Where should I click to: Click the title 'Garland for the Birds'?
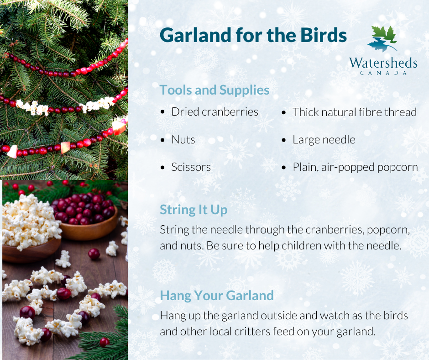(253, 36)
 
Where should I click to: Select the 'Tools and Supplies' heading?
(214, 90)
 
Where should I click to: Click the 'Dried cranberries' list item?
(214, 112)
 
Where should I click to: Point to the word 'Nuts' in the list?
(183, 139)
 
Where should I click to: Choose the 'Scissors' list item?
(191, 167)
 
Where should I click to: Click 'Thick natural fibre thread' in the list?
(355, 112)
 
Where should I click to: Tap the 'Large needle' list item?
(324, 139)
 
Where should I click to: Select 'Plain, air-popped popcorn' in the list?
(355, 167)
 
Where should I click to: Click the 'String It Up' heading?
(194, 210)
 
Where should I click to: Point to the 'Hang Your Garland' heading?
(217, 296)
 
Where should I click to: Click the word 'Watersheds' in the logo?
(383, 62)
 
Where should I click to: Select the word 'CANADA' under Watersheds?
(383, 73)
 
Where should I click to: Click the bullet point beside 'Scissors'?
(163, 168)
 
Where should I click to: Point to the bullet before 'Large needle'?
(284, 140)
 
